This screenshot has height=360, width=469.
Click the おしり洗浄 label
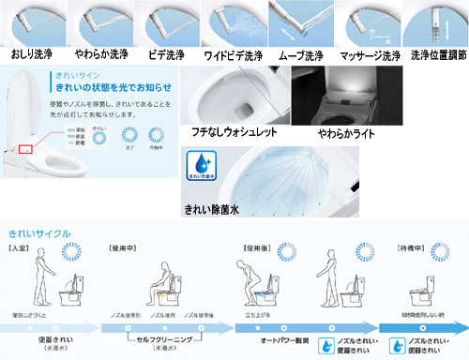tap(31, 54)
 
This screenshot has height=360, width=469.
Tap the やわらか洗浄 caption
tap(97, 54)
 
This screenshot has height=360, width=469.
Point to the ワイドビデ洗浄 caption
tap(231, 54)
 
